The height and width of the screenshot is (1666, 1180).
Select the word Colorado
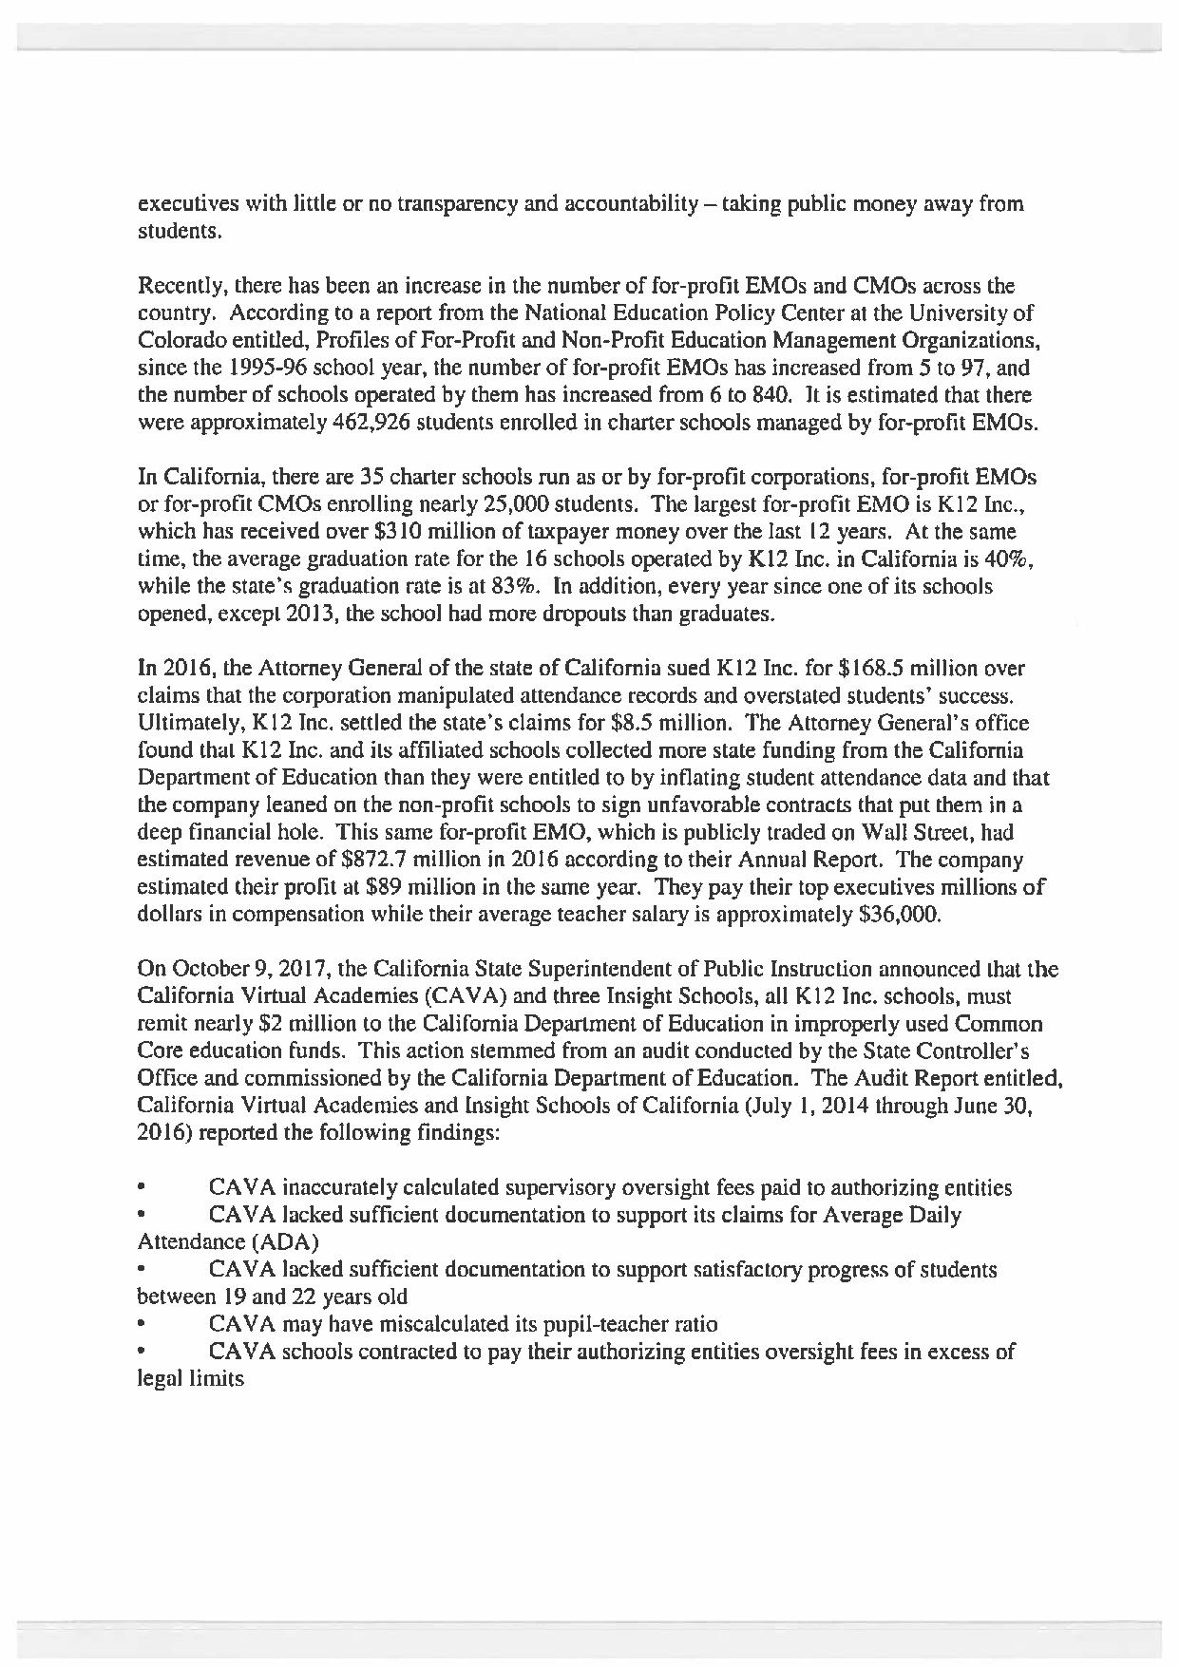pos(180,340)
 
